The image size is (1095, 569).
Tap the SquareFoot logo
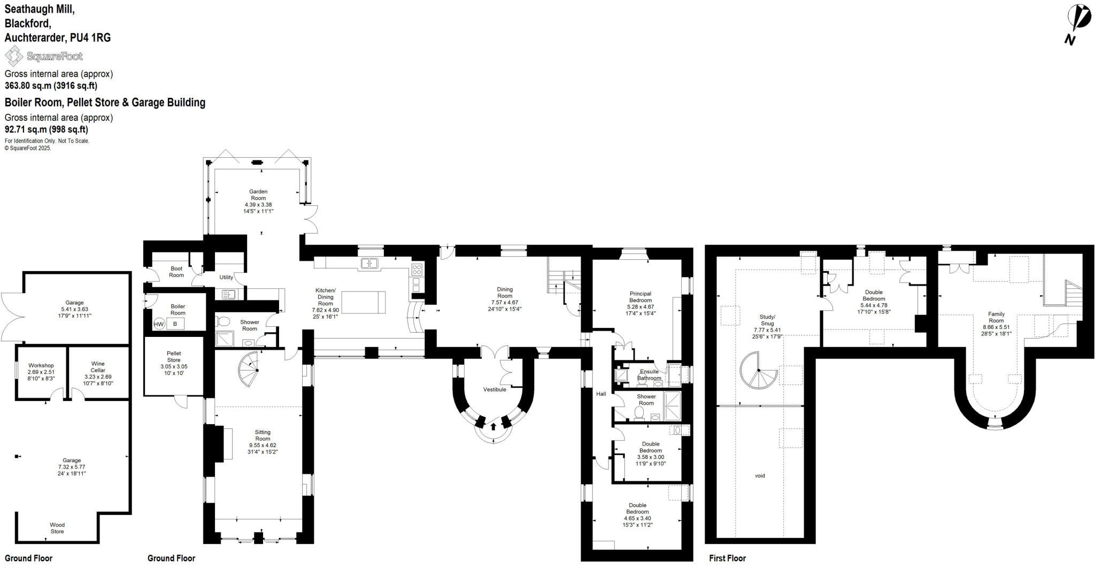[44, 56]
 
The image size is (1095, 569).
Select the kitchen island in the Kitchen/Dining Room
[364, 302]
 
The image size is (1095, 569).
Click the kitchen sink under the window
[369, 263]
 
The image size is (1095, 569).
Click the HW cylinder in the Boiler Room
[159, 324]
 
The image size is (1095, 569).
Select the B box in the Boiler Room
[175, 324]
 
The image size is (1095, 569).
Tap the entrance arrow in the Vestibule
[493, 426]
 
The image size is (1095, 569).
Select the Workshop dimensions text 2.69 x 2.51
[41, 372]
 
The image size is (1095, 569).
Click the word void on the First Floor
[760, 475]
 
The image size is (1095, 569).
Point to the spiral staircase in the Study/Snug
[758, 371]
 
